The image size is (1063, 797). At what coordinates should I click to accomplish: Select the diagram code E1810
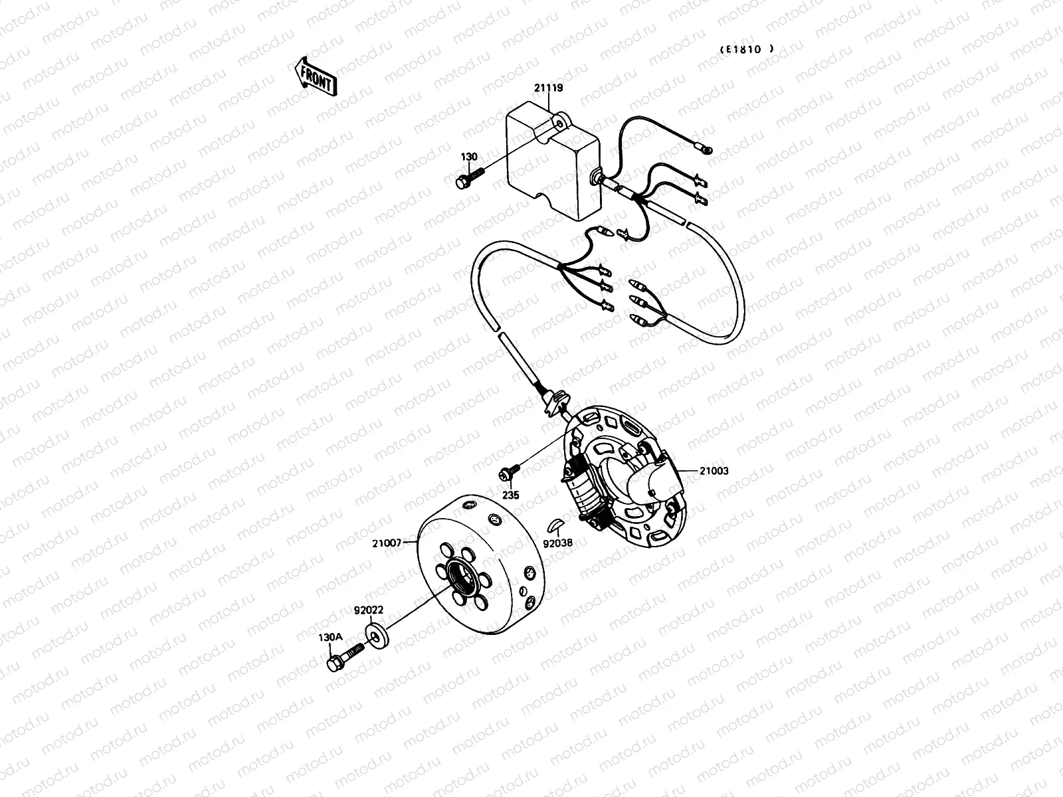(x=747, y=48)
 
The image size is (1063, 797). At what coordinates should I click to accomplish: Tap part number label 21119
(x=548, y=87)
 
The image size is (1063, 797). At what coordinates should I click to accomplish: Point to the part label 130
(x=469, y=157)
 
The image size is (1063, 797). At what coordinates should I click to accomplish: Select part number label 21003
(x=714, y=471)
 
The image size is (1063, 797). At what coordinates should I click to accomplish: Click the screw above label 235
(x=509, y=473)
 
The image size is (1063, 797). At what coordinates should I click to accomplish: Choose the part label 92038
(x=557, y=543)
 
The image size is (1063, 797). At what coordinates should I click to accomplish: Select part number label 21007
(x=387, y=543)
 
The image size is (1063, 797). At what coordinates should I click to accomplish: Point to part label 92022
(x=368, y=609)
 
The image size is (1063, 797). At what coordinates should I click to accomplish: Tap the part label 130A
(x=330, y=636)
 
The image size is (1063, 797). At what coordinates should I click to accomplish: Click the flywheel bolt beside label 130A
(x=343, y=657)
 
